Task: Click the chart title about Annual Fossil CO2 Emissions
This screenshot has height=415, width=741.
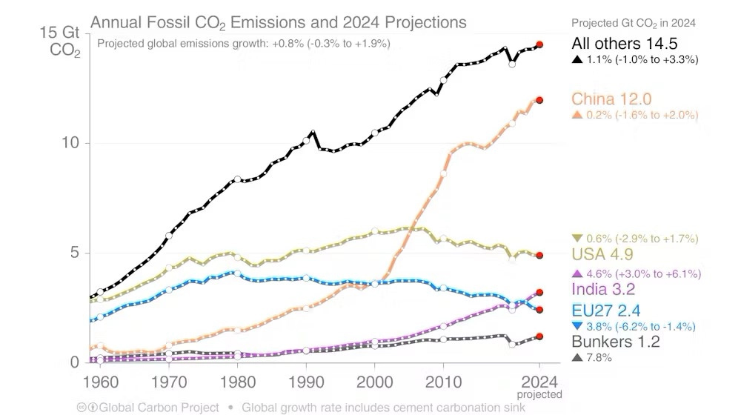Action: [279, 22]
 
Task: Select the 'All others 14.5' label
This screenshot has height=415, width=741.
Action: [624, 44]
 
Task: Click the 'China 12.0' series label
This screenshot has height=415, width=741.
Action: [611, 99]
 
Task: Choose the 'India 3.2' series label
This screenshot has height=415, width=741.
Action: [603, 289]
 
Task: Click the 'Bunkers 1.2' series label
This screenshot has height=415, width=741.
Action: [616, 341]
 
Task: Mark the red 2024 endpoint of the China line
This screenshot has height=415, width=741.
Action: [540, 100]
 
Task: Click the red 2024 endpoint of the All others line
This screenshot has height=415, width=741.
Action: [540, 45]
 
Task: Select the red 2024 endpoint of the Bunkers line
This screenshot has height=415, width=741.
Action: [540, 336]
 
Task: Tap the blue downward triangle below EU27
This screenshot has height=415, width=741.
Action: [577, 326]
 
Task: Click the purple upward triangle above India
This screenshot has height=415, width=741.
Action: [577, 273]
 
